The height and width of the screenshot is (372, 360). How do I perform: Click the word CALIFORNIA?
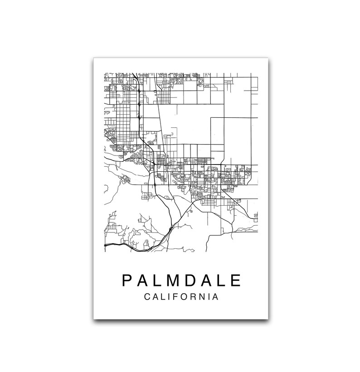181,298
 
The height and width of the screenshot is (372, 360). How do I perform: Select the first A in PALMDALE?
143,280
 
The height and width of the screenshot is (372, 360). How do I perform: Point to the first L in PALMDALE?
158,280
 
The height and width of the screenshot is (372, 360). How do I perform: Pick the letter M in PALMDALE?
174,280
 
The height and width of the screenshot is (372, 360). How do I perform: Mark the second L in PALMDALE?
221,280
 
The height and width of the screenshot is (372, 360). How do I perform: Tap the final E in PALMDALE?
235,280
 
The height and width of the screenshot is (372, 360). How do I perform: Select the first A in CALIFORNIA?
156,298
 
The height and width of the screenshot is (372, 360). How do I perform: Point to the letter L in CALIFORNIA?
164,298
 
